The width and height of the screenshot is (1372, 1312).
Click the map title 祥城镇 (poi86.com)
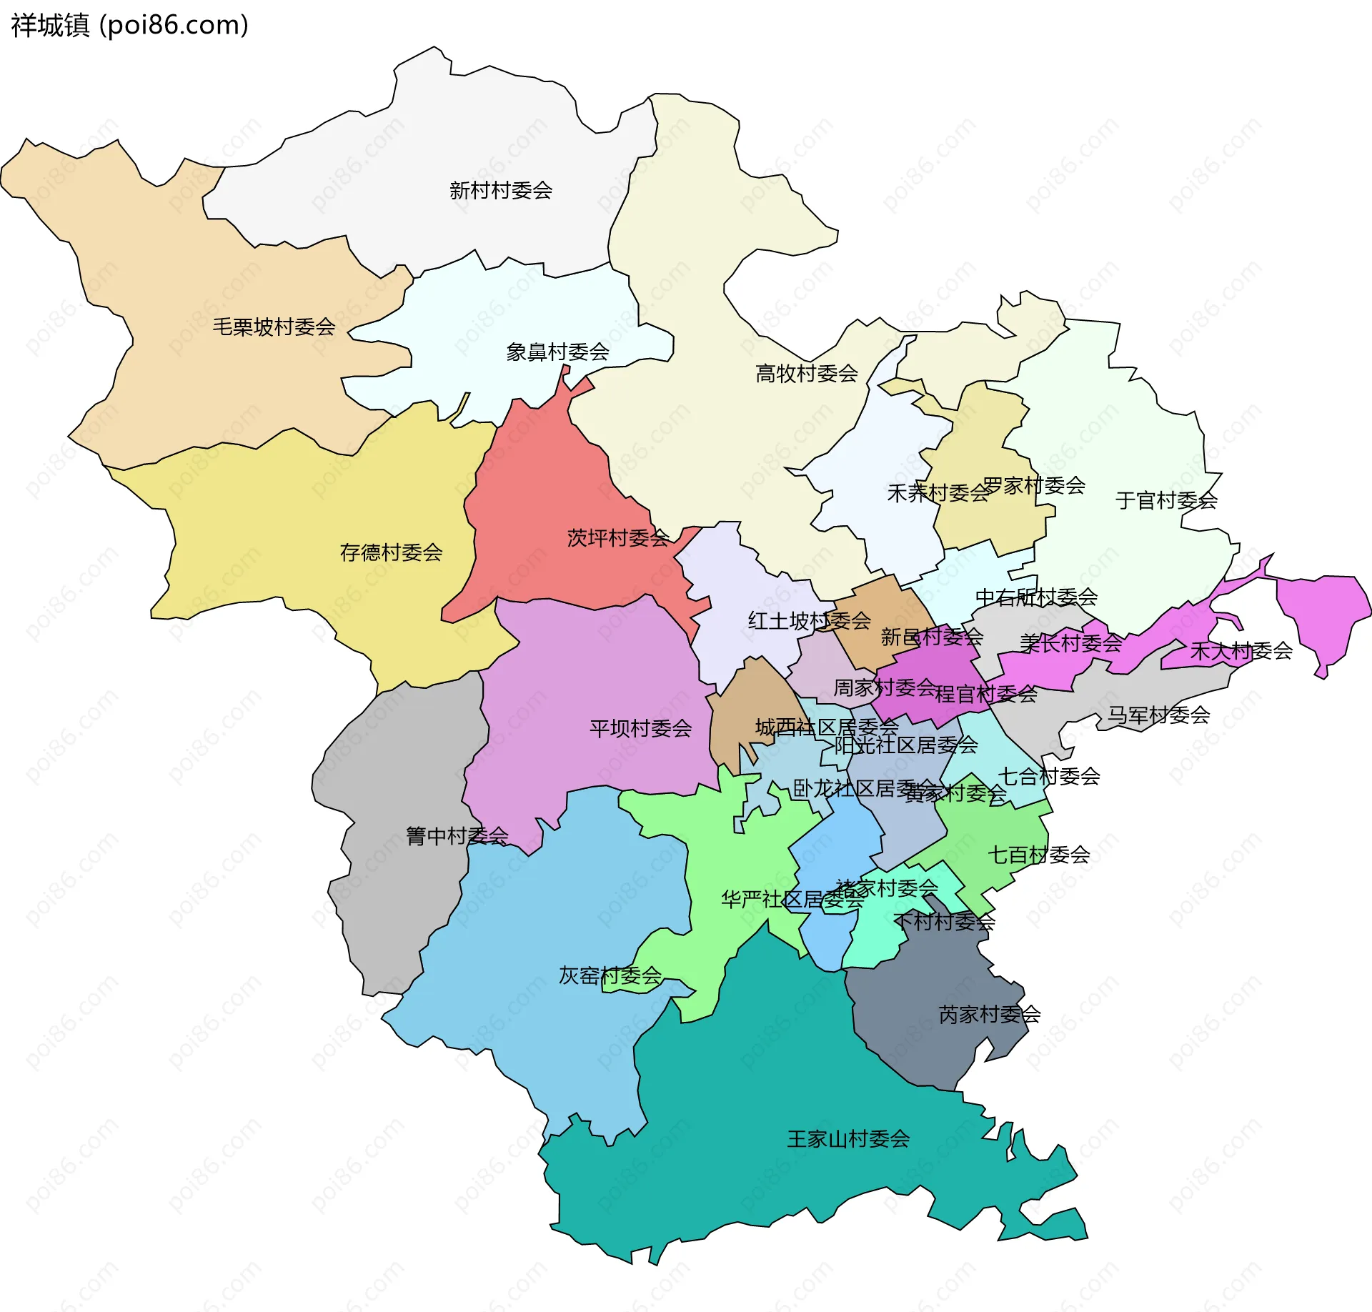(129, 25)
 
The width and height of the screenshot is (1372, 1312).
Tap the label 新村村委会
(501, 191)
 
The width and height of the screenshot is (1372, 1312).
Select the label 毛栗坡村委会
(274, 327)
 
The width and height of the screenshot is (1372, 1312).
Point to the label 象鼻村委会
(557, 352)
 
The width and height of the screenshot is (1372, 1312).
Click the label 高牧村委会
(807, 374)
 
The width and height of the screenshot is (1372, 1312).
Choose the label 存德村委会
(391, 552)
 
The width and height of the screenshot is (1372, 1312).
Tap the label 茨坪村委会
(617, 538)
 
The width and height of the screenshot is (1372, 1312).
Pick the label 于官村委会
(1166, 501)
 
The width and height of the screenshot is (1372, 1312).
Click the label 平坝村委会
(640, 729)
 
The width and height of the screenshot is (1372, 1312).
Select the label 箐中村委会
(457, 836)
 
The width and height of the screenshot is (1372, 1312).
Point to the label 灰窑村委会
(610, 976)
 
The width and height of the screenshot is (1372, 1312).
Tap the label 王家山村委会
(848, 1139)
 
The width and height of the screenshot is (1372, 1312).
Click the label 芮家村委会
(990, 1015)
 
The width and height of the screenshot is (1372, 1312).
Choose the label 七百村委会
(1038, 855)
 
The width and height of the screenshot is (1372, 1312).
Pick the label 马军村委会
(1158, 715)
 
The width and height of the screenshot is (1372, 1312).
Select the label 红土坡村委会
(809, 621)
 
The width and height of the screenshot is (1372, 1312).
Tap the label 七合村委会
(1049, 776)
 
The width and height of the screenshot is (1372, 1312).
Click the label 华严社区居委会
(792, 900)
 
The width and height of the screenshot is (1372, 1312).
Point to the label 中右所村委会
(1036, 597)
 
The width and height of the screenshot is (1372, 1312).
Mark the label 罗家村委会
(1034, 486)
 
